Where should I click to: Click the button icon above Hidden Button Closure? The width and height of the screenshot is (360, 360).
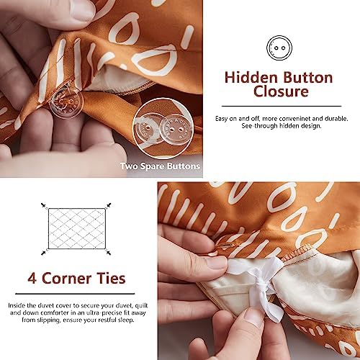pyautogui.click(x=279, y=48)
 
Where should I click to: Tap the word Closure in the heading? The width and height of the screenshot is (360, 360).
pyautogui.click(x=281, y=91)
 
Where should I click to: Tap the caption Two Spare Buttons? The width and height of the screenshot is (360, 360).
pyautogui.click(x=160, y=166)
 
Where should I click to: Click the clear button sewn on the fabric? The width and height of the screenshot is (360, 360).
pyautogui.click(x=66, y=103)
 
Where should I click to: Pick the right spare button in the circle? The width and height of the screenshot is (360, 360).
pyautogui.click(x=173, y=130)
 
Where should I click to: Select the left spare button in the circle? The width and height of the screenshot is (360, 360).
pyautogui.click(x=147, y=129)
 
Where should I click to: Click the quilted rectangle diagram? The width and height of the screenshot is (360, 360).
pyautogui.click(x=77, y=229)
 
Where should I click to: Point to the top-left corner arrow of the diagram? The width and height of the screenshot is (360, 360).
pyautogui.click(x=44, y=205)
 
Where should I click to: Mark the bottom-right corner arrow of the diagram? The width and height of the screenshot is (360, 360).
pyautogui.click(x=108, y=252)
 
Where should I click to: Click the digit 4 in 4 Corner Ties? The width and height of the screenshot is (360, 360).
pyautogui.click(x=32, y=279)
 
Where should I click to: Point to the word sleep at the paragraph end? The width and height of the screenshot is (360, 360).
pyautogui.click(x=126, y=320)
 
